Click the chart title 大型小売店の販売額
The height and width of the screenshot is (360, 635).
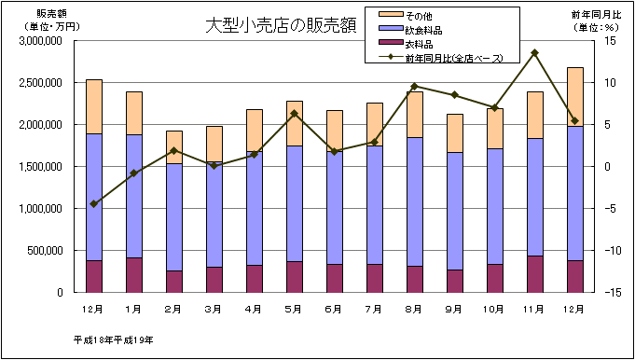[x=281, y=25]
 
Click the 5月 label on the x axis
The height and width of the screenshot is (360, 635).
[x=294, y=307]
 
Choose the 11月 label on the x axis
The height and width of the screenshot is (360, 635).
[x=534, y=307]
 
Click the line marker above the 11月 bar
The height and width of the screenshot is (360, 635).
[x=534, y=53]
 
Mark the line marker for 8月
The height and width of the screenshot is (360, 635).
[x=414, y=87]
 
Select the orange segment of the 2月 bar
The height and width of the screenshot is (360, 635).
[x=173, y=147]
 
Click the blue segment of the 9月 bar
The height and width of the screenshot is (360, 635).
[x=454, y=211]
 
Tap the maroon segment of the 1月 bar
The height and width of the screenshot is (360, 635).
[x=133, y=274]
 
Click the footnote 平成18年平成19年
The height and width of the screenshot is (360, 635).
[x=113, y=339]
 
